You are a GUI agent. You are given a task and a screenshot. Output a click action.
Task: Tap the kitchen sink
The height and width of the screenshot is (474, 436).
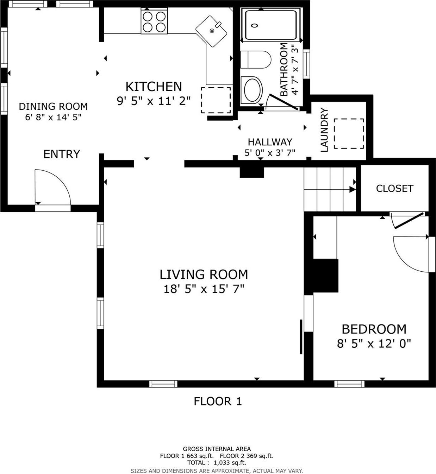[x=211, y=31]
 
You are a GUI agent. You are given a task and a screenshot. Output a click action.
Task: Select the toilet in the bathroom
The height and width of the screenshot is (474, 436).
[x=255, y=59]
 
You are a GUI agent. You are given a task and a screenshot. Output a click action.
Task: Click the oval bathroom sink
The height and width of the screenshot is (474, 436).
[x=252, y=89]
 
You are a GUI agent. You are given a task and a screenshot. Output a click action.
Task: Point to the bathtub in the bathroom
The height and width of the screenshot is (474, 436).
[x=270, y=25]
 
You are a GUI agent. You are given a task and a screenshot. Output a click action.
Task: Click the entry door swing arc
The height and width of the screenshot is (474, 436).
[x=53, y=187]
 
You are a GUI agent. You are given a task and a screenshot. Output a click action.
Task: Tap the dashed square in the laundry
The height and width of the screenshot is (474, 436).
[x=349, y=133]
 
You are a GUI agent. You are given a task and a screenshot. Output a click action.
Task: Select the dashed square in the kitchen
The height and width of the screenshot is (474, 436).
[x=216, y=100]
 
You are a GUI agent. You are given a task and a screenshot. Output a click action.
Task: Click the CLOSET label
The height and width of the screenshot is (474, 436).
[x=394, y=189]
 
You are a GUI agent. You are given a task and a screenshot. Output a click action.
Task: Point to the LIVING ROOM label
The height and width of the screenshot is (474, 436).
[x=204, y=274]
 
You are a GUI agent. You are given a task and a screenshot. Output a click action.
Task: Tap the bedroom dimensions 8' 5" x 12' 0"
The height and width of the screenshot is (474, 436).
[x=374, y=343]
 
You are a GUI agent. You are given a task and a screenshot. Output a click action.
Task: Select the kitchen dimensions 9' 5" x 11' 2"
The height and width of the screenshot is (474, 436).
[x=154, y=101]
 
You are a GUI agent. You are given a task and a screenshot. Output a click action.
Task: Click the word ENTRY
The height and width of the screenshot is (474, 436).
[x=62, y=154]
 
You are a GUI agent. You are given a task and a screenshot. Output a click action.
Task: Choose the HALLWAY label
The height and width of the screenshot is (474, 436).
[x=270, y=142]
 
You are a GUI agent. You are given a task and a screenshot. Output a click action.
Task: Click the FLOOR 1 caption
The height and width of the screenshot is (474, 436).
[x=218, y=401]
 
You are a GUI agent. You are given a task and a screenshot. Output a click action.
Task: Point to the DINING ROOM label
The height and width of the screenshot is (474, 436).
[x=53, y=106]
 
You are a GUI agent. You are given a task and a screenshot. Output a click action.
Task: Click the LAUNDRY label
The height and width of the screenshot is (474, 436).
[x=324, y=130]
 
